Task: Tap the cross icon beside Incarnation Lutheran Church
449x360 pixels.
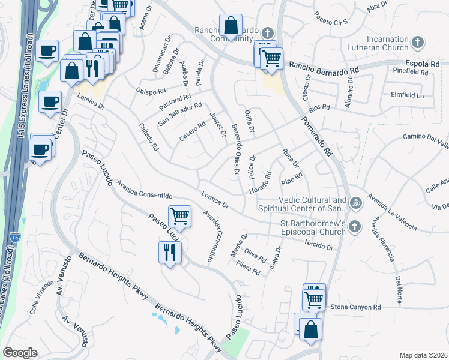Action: click(419, 43)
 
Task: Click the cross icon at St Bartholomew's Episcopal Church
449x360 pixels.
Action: click(355, 226)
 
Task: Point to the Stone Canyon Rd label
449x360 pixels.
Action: click(356, 307)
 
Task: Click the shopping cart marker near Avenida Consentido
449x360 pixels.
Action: click(179, 215)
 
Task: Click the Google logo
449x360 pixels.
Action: click(20, 352)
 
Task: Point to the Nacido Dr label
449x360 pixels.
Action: click(318, 245)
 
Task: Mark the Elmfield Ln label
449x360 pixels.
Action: click(407, 95)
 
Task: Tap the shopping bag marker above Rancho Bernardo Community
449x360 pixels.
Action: click(231, 26)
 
